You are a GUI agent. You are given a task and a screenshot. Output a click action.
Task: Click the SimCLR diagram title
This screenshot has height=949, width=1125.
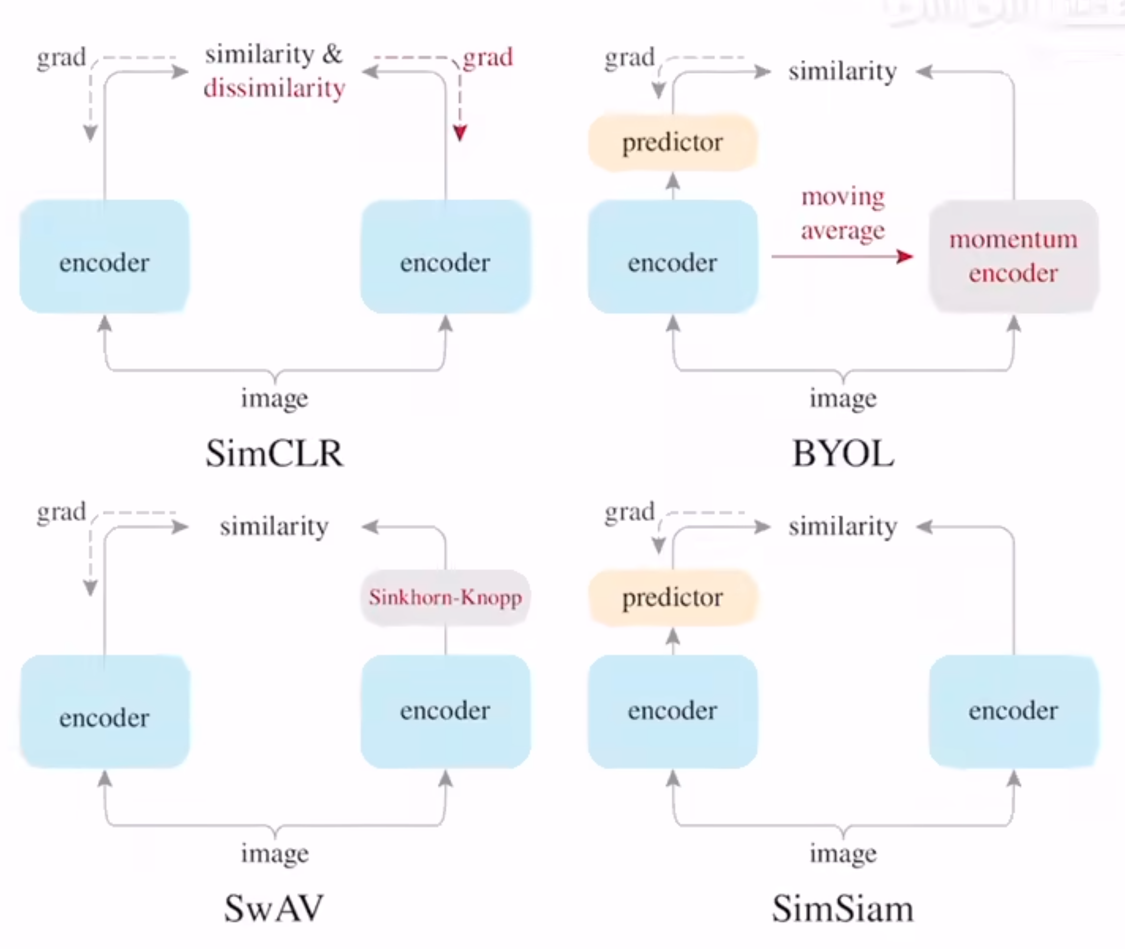(274, 454)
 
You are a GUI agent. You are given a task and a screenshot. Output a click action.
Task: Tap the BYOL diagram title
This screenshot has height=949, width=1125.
(843, 454)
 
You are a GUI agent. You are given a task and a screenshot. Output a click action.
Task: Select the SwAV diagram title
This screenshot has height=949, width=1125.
(274, 908)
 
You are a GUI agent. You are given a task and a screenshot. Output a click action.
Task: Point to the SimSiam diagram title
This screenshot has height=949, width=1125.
(843, 908)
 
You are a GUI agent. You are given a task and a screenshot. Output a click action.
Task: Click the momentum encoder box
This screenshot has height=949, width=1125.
(1013, 256)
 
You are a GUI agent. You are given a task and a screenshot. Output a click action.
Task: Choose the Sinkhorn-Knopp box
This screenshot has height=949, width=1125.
(445, 597)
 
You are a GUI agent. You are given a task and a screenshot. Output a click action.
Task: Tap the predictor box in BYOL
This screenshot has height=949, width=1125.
(672, 143)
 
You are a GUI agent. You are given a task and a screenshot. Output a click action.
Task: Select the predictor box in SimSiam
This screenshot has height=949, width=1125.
(672, 597)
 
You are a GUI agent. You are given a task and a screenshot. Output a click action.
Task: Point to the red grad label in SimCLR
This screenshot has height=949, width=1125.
(488, 57)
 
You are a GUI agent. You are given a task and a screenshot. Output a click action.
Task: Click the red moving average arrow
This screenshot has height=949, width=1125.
(842, 257)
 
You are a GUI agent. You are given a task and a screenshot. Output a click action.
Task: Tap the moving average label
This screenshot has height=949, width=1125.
(843, 213)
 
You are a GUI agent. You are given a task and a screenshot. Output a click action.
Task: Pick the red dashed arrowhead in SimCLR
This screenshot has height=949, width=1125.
(460, 133)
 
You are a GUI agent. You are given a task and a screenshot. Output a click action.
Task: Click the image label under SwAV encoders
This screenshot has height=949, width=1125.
(274, 853)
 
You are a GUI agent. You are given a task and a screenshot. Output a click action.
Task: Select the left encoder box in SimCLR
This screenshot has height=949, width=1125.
(104, 257)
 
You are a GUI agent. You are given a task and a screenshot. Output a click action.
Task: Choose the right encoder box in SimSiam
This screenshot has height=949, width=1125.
(1013, 711)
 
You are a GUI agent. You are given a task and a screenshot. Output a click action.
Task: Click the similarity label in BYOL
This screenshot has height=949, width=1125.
(843, 72)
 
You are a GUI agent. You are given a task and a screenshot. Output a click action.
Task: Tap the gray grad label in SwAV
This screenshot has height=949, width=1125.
(61, 512)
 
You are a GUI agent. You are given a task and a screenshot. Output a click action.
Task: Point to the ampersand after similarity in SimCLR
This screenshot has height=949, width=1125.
(332, 54)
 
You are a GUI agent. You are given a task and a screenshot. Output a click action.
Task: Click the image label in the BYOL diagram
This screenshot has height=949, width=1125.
(843, 399)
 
